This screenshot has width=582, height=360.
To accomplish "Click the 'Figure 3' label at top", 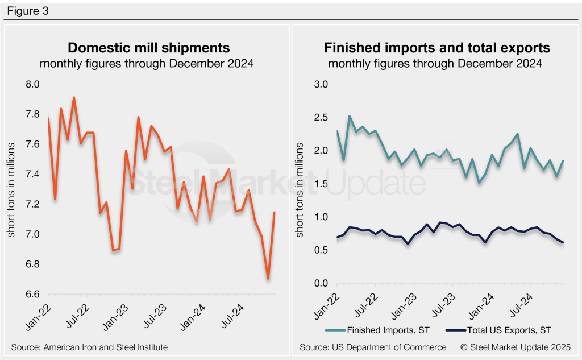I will coord(28,11).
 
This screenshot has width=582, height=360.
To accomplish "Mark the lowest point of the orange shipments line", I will coord(268,279).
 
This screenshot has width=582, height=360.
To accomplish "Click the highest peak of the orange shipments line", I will coord(74,97).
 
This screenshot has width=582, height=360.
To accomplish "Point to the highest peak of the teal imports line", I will coord(350,116).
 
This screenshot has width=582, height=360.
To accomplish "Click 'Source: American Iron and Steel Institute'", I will coord(89,347).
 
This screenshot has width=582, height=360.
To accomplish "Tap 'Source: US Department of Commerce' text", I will coord(373,347).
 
